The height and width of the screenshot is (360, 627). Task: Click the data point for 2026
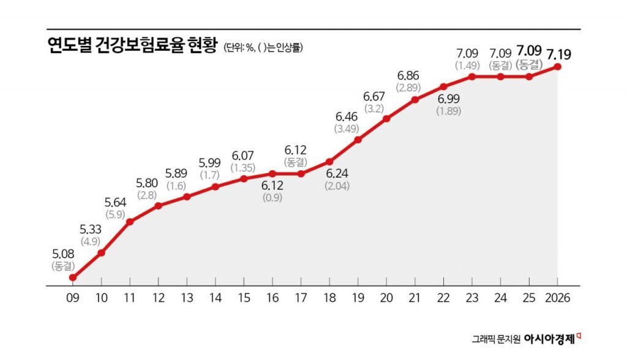click(558, 66)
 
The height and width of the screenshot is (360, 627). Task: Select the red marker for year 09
click(73, 277)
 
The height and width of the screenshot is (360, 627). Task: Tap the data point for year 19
click(358, 140)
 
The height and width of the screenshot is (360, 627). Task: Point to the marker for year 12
click(159, 205)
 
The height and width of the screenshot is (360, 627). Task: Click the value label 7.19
click(559, 54)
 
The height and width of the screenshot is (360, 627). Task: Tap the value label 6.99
click(448, 99)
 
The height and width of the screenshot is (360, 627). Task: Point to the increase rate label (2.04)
click(337, 186)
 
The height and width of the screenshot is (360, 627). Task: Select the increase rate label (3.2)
click(374, 109)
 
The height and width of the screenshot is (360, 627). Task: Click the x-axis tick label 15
click(244, 298)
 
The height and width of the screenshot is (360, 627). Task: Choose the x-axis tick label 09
click(73, 298)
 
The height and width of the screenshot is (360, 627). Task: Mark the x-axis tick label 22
click(443, 298)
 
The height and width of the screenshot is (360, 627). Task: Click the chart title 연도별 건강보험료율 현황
click(132, 47)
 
